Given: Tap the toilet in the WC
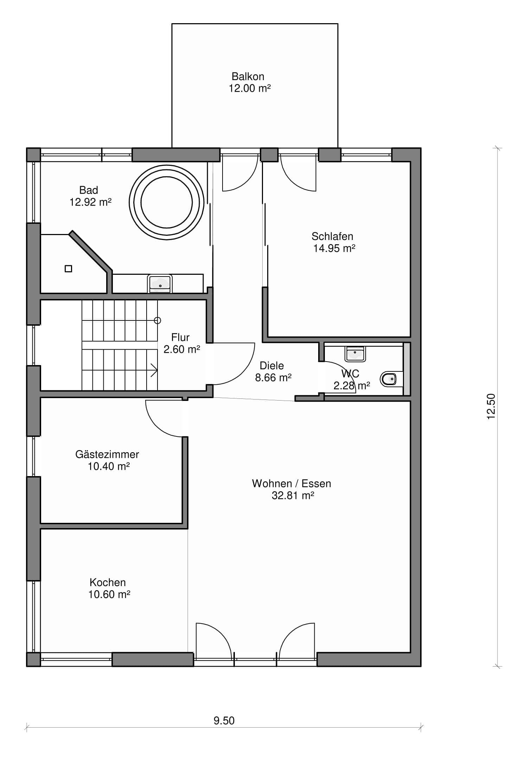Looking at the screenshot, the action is pyautogui.click(x=388, y=379).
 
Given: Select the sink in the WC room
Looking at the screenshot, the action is pyautogui.click(x=355, y=353).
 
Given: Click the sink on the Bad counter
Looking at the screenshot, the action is pyautogui.click(x=160, y=284).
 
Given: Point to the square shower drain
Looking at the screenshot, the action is pyautogui.click(x=69, y=269).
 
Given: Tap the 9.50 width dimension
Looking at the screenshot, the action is pyautogui.click(x=224, y=721).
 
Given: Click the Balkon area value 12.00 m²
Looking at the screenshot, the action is pyautogui.click(x=250, y=88).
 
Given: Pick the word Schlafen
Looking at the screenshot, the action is pyautogui.click(x=332, y=236).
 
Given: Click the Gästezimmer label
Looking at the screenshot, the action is pyautogui.click(x=107, y=454).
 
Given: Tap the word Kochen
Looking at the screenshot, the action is pyautogui.click(x=108, y=582).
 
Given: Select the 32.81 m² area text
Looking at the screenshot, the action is pyautogui.click(x=293, y=495).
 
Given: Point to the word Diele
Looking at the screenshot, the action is pyautogui.click(x=272, y=365).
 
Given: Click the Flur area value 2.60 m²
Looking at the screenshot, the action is pyautogui.click(x=182, y=349).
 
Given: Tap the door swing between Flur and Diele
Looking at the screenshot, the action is pyautogui.click(x=243, y=372).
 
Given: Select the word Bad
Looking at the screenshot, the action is pyautogui.click(x=89, y=190).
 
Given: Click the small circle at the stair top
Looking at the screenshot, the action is pyautogui.click(x=158, y=320).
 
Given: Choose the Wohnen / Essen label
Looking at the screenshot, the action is pyautogui.click(x=291, y=483).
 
